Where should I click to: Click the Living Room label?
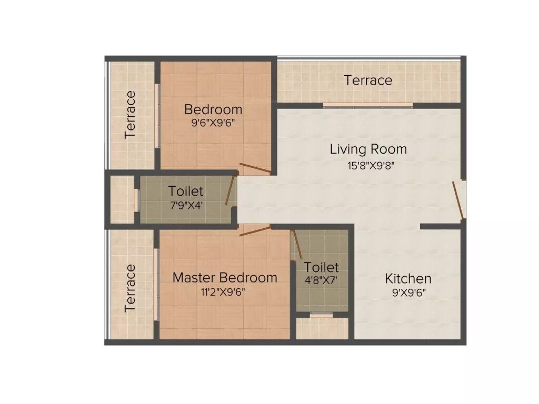point(368,149)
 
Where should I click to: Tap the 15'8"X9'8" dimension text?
point(368,165)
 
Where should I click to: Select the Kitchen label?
point(408,278)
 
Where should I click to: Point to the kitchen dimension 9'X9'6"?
point(408,293)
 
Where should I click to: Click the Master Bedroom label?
point(225,277)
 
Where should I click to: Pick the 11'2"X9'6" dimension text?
point(223,292)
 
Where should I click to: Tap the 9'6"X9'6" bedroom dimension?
point(213,124)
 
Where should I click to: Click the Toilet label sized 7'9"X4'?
point(185,191)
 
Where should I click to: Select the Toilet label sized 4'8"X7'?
point(321,267)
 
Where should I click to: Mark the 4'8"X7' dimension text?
point(321,280)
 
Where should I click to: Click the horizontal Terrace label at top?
point(368,80)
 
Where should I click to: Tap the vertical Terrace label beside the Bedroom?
point(130,114)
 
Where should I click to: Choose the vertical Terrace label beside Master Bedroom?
point(130,288)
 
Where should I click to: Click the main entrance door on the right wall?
point(460,199)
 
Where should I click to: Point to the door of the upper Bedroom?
point(256,168)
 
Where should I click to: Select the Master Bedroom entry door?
point(255,230)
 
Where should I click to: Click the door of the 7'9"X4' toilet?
point(230,190)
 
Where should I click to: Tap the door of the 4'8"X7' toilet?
point(297,245)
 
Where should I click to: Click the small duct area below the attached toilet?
point(322,328)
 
